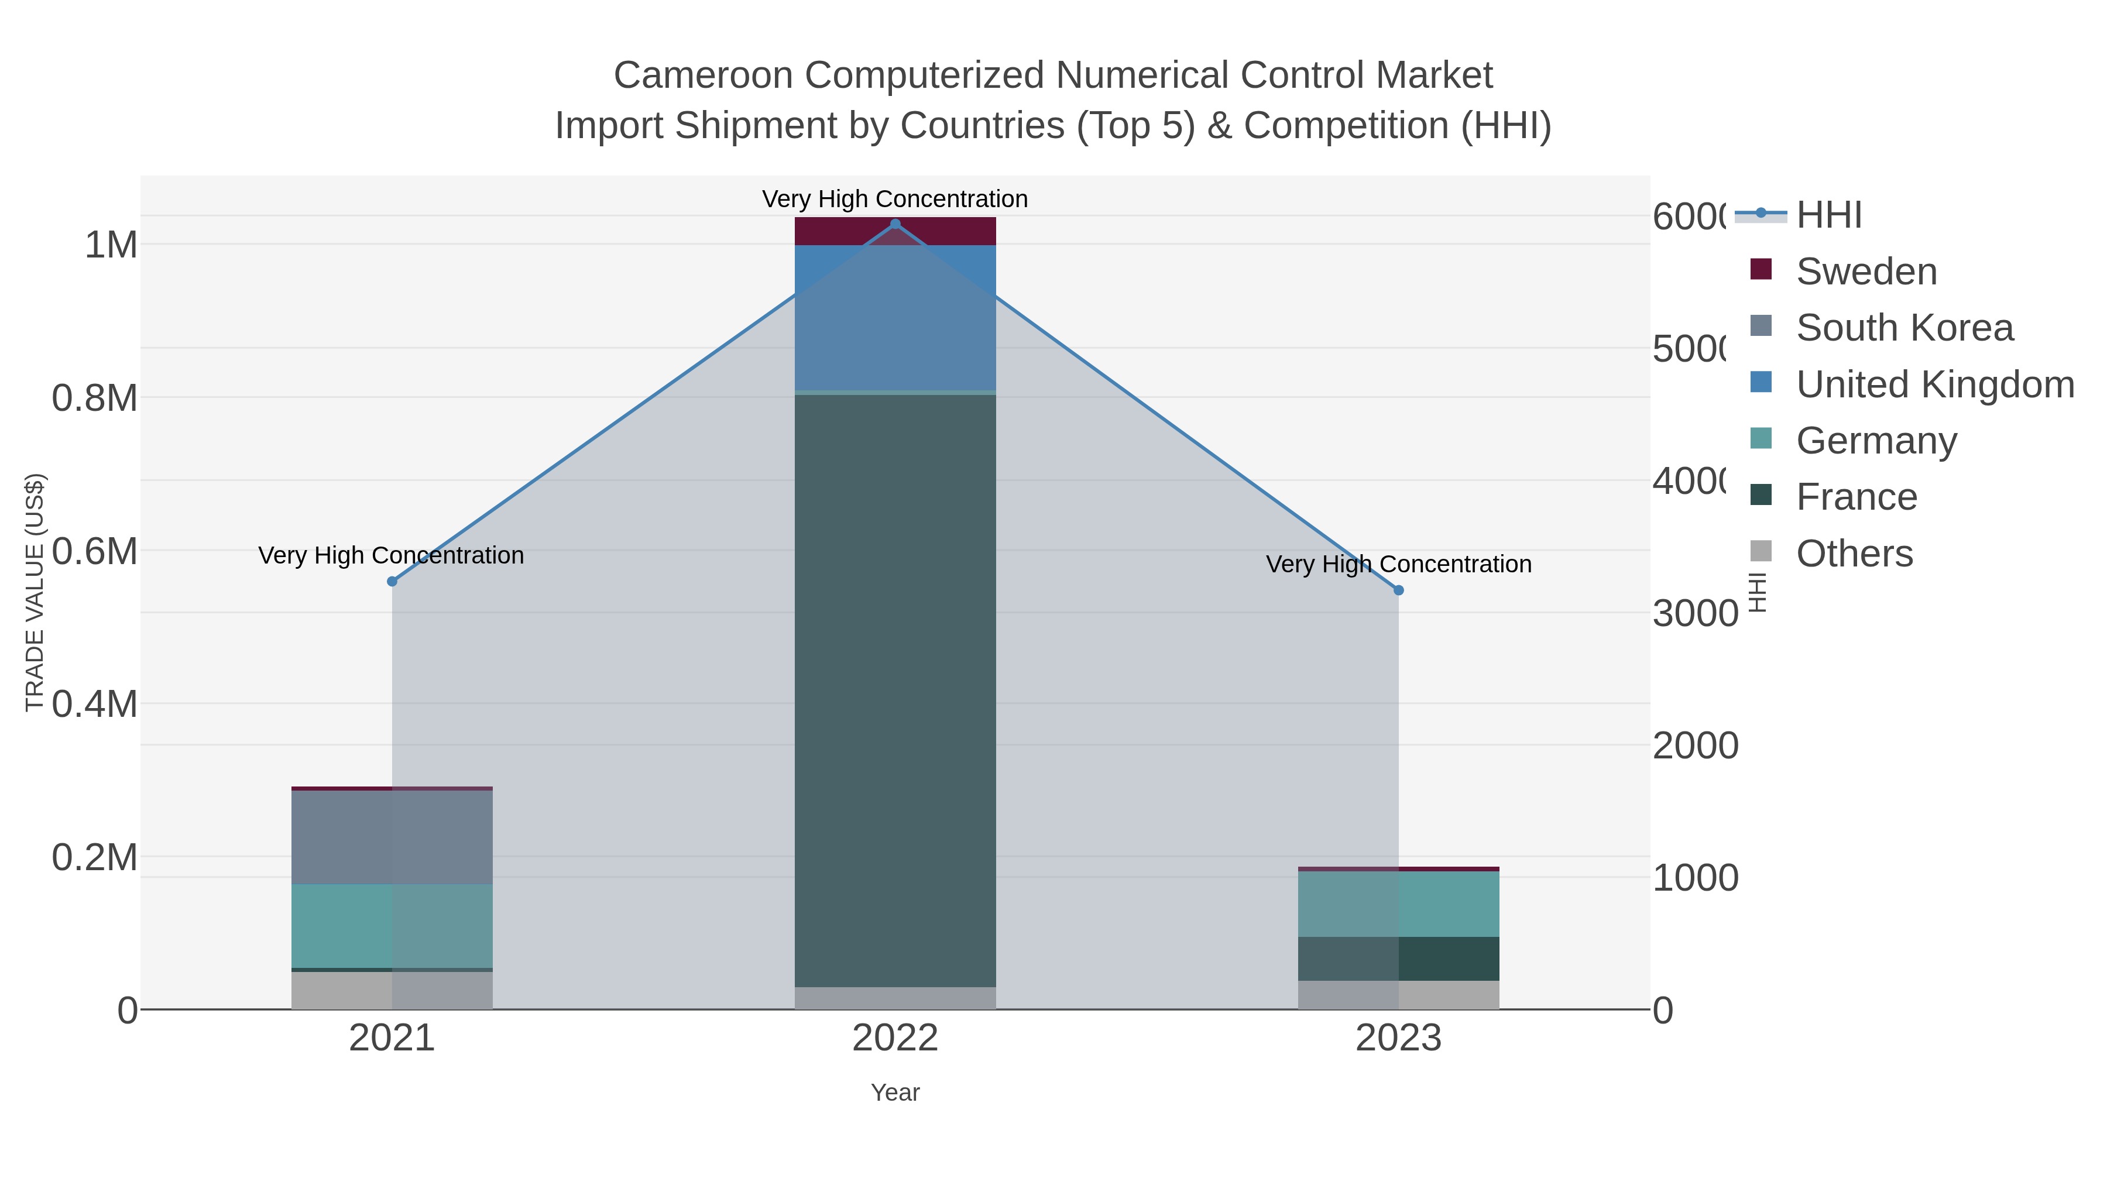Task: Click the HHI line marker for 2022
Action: (895, 224)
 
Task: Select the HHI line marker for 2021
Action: (392, 582)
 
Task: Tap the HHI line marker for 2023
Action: (1399, 590)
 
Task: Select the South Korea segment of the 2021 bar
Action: (392, 837)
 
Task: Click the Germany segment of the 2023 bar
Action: (1399, 904)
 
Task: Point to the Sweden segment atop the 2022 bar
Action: (895, 231)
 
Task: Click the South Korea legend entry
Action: (1903, 328)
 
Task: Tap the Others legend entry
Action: (1854, 554)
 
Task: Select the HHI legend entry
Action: (1828, 215)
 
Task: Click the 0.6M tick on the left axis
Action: (95, 552)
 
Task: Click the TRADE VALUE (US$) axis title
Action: (35, 592)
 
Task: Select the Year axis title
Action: (895, 1093)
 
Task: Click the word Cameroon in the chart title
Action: (704, 75)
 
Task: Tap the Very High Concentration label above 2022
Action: (895, 199)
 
